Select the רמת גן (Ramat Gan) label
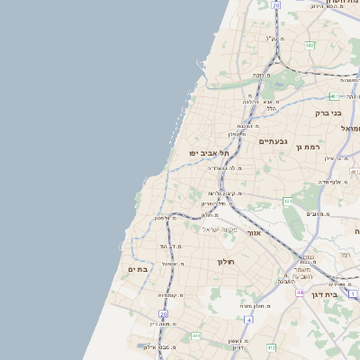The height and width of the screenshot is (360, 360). pos(309,147)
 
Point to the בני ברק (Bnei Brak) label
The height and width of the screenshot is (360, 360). pos(328,113)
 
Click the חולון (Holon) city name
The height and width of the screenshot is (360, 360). pos(225,261)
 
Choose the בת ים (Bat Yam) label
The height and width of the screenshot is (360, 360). pos(138,269)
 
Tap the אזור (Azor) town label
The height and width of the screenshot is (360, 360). pos(253,232)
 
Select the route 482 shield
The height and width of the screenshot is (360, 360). pos(310,44)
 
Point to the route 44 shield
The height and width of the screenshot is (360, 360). pos(299,292)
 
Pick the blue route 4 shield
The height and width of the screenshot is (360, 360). pos(353,294)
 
